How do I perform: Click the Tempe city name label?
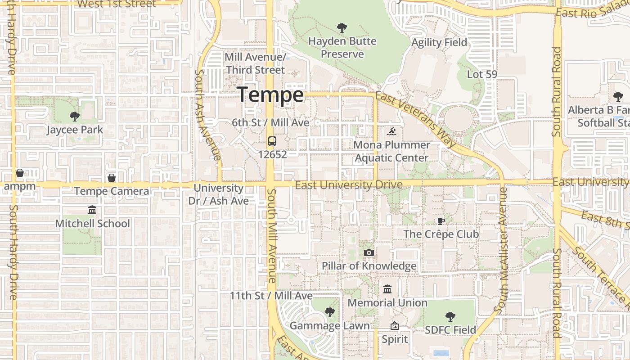pos(270,95)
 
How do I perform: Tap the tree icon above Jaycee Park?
pos(75,117)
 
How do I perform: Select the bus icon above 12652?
pos(272,141)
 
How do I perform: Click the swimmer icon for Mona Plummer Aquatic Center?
pos(391,132)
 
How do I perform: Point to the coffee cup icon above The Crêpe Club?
pos(441,221)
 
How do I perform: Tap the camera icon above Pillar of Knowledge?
pos(369,253)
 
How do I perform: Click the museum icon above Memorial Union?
pos(387,289)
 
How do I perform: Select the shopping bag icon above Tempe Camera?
pos(112,178)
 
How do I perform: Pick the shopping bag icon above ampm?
pos(20,173)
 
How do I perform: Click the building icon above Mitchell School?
pos(92,210)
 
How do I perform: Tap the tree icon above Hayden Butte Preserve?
pos(342,28)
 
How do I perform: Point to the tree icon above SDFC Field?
pos(450,317)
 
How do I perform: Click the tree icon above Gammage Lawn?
pos(330,312)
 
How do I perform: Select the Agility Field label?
pos(440,43)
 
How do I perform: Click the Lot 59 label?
pos(482,74)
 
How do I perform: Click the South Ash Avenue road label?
pos(207,115)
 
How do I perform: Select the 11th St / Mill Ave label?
pos(271,296)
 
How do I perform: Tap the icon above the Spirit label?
pos(395,326)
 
